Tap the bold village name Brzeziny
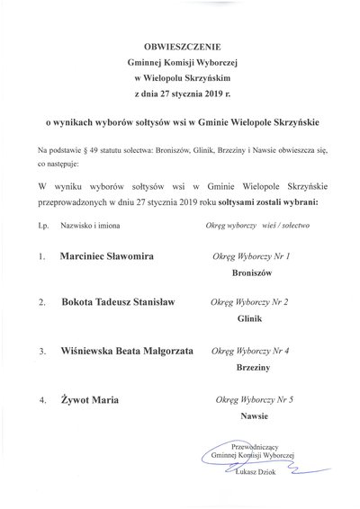click(x=251, y=368)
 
